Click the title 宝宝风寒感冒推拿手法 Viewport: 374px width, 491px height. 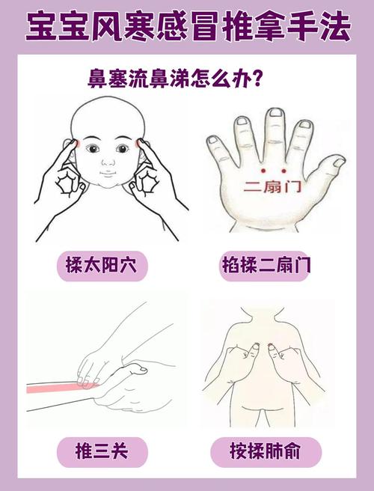[187, 27]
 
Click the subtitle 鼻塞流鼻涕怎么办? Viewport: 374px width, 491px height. [175, 79]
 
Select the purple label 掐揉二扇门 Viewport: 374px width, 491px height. [267, 266]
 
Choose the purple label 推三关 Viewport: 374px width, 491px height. [102, 451]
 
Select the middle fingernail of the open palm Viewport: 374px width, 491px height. [276, 114]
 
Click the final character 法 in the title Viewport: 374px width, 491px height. [334, 27]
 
